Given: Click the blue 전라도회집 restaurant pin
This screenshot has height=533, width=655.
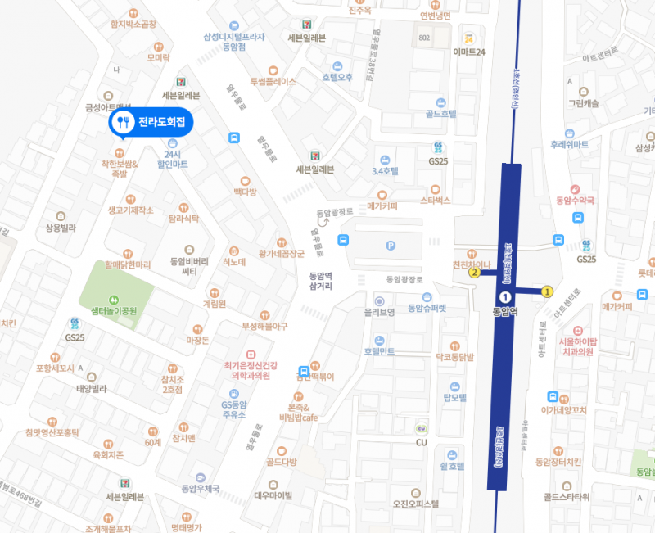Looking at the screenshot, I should tap(151, 123).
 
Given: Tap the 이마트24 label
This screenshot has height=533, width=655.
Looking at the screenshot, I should tap(469, 52).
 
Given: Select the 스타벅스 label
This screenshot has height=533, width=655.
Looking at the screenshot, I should tap(436, 199).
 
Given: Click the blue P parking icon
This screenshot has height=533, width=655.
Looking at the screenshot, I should tap(390, 244).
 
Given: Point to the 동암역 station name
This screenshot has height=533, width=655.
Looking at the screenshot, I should tap(506, 311).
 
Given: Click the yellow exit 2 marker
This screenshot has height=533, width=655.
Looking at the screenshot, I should tap(474, 273).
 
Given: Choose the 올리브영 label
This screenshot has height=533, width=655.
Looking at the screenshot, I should tap(380, 312).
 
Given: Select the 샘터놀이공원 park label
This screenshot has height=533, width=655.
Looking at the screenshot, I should tap(114, 311).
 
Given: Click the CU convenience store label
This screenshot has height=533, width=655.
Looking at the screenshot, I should tap(422, 443).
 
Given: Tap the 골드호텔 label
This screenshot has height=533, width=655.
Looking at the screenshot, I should tap(441, 115).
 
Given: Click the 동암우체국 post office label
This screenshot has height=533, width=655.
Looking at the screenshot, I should tap(201, 489).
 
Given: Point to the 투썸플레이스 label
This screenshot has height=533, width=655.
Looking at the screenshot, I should tap(273, 82).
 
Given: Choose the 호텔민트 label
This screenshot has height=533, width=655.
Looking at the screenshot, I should tap(380, 351).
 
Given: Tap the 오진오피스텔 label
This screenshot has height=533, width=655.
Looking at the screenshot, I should tap(416, 504).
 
